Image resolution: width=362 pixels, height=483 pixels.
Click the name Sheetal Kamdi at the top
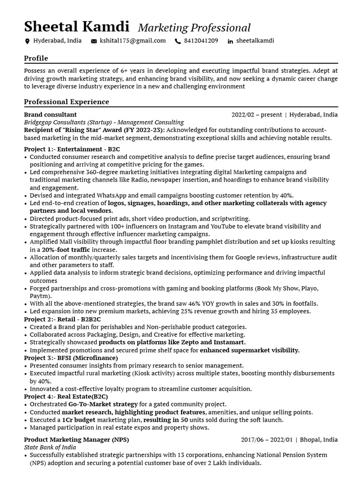[77, 26]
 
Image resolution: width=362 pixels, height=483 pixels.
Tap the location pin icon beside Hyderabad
[27, 42]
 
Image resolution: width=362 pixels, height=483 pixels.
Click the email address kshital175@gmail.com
[132, 41]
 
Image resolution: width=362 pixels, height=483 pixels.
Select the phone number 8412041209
[201, 41]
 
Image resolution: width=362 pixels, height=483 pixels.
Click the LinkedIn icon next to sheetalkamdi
[230, 42]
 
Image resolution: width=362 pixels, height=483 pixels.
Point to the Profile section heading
[36, 58]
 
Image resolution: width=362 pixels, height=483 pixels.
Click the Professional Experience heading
[66, 102]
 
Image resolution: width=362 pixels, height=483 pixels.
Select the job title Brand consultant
[50, 115]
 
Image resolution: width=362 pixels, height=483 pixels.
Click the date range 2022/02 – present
[256, 115]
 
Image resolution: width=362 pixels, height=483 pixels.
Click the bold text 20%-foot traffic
[66, 250]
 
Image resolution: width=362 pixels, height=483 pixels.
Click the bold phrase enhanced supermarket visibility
[250, 350]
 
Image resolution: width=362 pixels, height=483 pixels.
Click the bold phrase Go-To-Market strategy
[103, 404]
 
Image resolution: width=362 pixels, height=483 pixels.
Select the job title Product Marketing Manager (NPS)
[76, 440]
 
